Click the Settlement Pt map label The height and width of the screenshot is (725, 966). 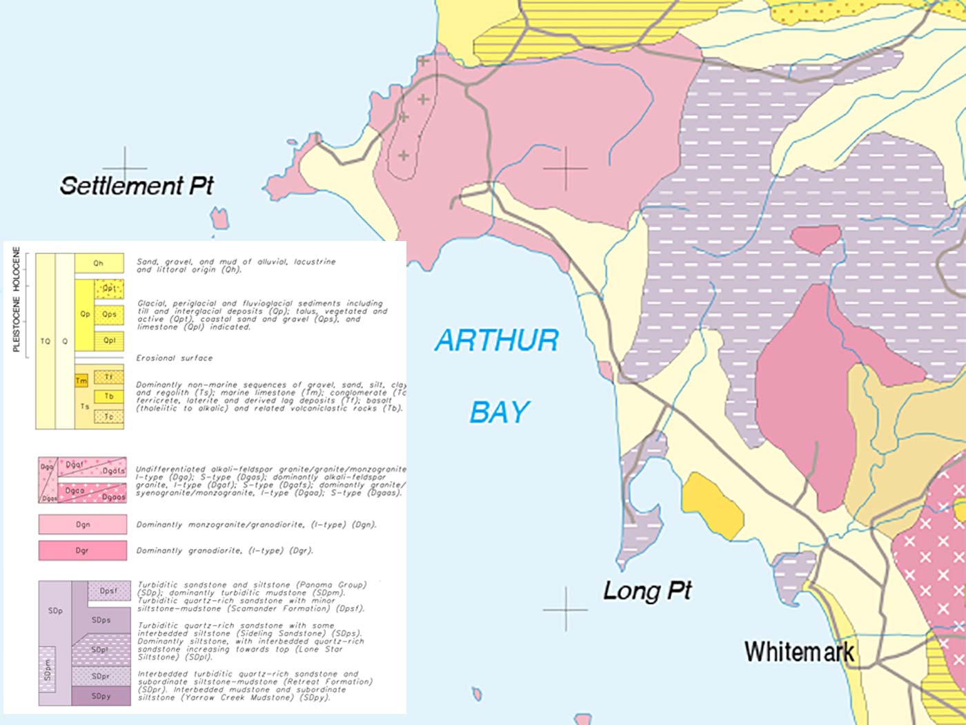137,186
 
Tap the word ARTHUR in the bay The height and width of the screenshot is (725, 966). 497,341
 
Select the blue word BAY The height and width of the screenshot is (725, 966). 500,412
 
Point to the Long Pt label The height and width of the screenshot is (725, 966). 647,591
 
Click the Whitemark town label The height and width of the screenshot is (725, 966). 799,651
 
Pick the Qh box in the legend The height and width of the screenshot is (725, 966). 99,263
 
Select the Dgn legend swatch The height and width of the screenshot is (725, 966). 83,525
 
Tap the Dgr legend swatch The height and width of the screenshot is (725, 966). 83,551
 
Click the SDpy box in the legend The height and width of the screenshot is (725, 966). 101,696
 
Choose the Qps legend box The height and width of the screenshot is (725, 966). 109,314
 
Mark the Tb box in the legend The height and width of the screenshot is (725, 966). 109,396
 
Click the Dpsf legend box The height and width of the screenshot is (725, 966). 109,591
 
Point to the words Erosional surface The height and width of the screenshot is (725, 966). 174,358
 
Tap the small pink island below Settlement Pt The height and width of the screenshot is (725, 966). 220,219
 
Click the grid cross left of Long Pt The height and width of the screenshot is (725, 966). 565,610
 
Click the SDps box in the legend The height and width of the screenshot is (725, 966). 101,620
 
